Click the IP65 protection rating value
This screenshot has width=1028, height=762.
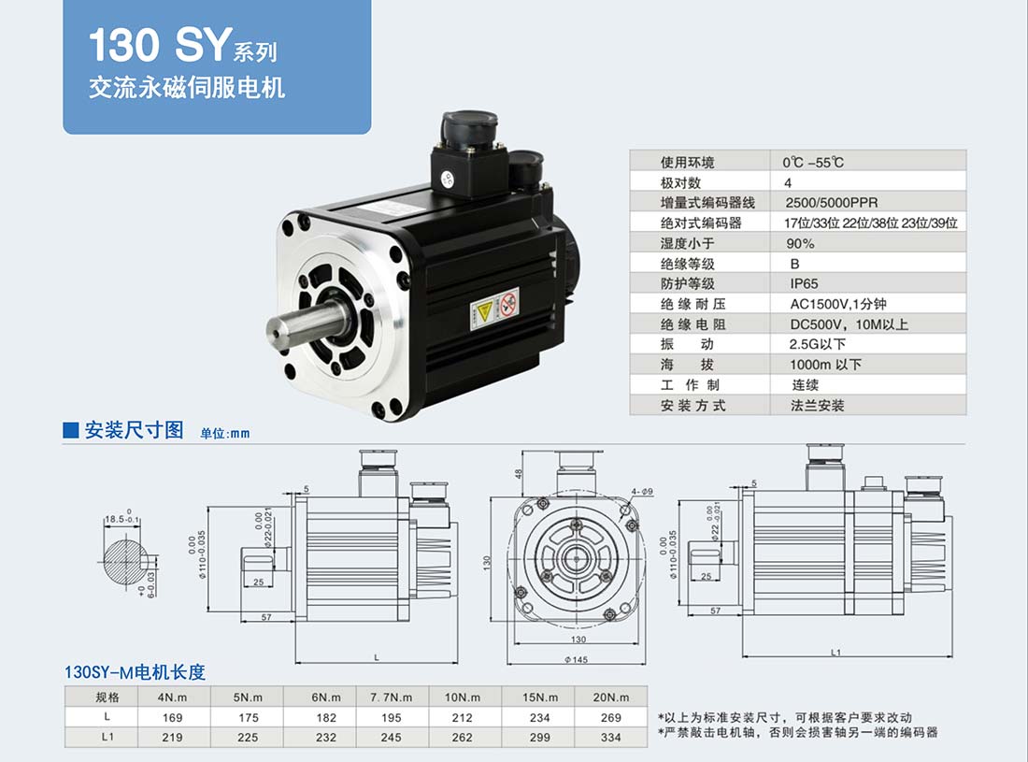coord(804,284)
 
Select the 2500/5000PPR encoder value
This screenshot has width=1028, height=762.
coord(832,203)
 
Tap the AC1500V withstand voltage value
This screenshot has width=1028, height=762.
coord(838,304)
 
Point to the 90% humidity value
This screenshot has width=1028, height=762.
coord(801,243)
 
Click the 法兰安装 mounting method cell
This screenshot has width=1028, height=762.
coord(817,405)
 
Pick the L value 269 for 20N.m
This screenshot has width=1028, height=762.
coord(610,717)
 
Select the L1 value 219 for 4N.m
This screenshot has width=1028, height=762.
coord(172,737)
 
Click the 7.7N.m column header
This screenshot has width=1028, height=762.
coord(391,697)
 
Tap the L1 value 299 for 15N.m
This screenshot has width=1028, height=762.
coord(539,737)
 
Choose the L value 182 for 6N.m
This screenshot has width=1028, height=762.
coord(326,717)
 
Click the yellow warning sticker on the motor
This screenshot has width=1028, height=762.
coord(484,312)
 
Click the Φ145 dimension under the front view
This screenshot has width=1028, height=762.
coord(577,659)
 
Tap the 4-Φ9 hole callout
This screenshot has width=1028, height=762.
coord(642,491)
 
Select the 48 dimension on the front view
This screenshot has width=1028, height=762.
coord(519,473)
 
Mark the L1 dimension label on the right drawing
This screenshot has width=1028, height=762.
coord(835,652)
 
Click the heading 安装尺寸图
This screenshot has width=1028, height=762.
coord(134,430)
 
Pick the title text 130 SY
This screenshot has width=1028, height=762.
coord(161,45)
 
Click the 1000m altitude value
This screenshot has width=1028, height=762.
coord(825,365)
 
